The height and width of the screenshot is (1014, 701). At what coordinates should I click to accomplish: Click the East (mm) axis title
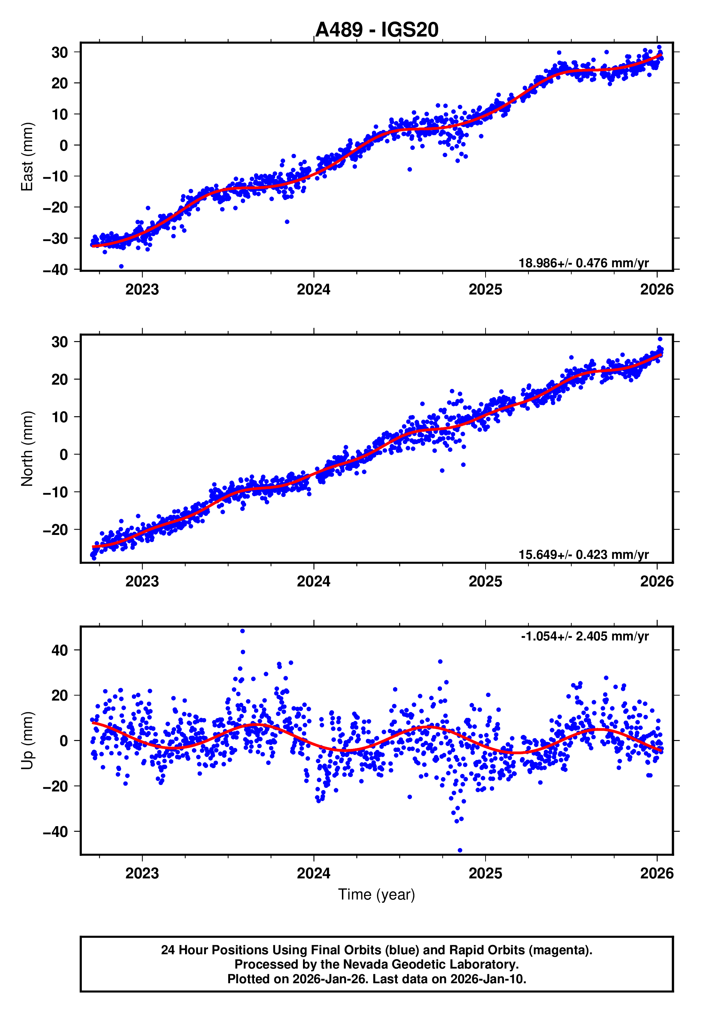[27, 157]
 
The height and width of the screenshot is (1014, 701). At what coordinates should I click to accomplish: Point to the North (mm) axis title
[27, 449]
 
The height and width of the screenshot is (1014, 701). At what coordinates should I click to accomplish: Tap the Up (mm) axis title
[27, 741]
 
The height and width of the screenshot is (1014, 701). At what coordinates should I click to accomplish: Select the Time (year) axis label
[377, 895]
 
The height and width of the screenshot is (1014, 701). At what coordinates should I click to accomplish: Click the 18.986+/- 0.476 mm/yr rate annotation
[583, 263]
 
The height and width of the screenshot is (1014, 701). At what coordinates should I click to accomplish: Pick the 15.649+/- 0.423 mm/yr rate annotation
[583, 555]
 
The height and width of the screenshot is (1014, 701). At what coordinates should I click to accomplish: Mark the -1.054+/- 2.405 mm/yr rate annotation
[585, 636]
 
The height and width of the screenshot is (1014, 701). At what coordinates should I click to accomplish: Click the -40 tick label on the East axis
[55, 269]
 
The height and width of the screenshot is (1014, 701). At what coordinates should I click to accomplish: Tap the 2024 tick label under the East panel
[314, 290]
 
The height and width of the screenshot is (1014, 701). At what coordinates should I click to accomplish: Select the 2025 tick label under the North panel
[485, 581]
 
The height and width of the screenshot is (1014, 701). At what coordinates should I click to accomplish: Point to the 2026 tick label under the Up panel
[657, 873]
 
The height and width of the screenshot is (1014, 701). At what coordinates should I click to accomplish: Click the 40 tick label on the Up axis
[60, 650]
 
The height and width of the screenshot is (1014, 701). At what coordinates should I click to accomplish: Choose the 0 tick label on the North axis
[64, 455]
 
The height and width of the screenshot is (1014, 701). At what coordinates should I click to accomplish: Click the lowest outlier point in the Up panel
[460, 850]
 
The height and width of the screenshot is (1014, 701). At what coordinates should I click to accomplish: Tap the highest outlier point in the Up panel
[243, 631]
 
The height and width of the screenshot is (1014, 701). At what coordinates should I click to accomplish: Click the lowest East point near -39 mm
[121, 267]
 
